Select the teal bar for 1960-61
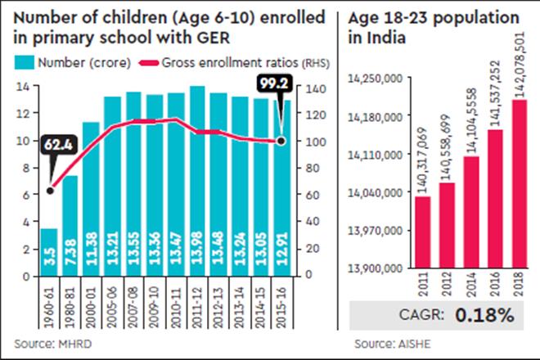(48, 252)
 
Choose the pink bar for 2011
(422, 232)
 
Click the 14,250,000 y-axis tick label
(377, 79)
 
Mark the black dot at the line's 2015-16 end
(282, 142)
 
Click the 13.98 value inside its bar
(197, 250)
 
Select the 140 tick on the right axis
(304, 87)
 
